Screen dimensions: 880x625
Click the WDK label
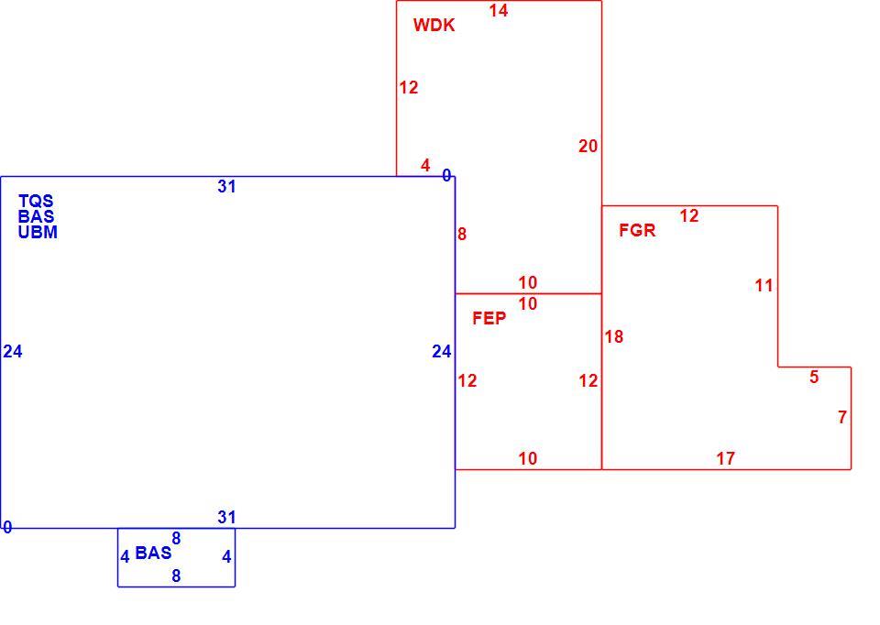coord(434,26)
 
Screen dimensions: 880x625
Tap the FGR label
coord(637,230)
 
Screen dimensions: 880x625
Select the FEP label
coord(489,319)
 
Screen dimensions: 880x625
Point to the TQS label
coord(36,201)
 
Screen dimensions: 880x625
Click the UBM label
coord(38,232)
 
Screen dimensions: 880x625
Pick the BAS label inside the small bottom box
coord(153,553)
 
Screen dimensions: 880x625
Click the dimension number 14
coord(499,11)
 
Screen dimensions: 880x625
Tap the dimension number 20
coord(588,147)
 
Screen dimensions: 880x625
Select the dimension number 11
coord(764,286)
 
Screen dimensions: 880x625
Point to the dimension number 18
coord(614,336)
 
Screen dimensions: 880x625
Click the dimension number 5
coord(814,377)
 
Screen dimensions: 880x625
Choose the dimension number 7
coord(842,417)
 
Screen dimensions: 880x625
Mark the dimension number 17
coord(726,459)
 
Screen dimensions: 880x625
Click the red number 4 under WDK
coord(425,166)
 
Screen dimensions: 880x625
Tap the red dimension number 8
coord(462,235)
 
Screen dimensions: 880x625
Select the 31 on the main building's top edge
coord(226,187)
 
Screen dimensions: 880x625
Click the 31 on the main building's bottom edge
coord(226,517)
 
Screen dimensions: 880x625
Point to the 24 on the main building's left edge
coord(13,352)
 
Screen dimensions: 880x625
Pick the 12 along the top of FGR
coord(689,216)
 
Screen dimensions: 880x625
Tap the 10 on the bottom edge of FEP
coord(528,459)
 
